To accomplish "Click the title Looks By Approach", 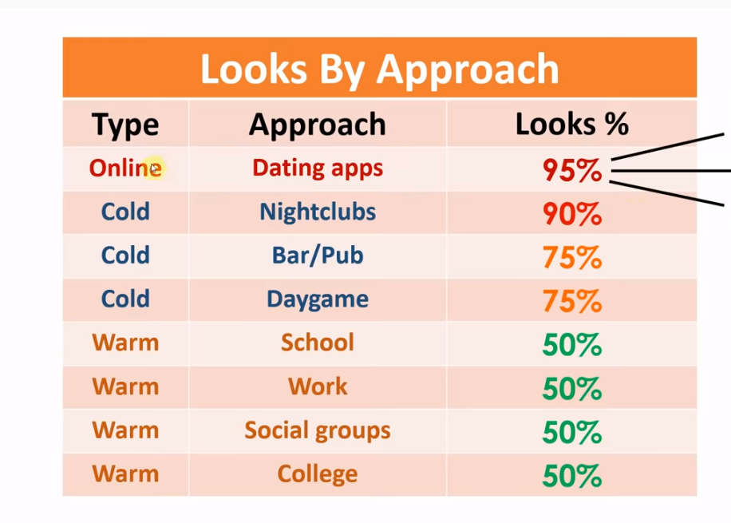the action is [380, 69].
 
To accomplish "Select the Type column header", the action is [125, 125].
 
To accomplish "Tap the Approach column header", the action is [318, 125].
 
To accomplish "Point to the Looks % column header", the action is [572, 124].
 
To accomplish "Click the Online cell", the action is [125, 168].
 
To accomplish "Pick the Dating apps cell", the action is [318, 168].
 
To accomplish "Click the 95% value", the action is [572, 170].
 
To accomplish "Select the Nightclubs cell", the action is [318, 212].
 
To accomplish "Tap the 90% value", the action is [572, 214].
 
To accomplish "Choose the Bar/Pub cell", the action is [318, 256].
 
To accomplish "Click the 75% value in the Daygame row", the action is [572, 301].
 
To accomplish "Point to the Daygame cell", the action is [318, 299].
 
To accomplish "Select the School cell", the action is [318, 343].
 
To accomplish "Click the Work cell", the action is [318, 386].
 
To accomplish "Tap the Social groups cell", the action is [318, 430].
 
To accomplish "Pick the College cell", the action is [318, 474].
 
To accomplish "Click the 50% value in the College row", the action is [572, 476].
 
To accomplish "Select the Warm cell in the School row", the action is [125, 343].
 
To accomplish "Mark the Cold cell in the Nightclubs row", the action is [125, 212].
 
